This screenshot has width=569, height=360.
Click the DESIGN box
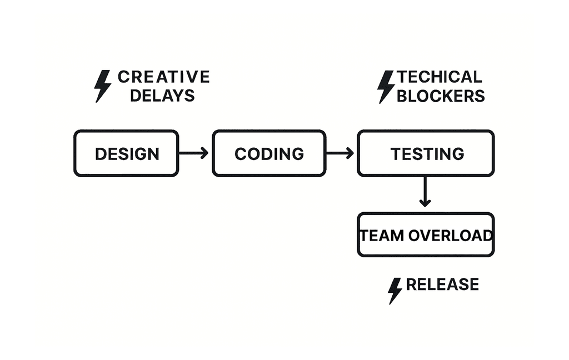[126, 153]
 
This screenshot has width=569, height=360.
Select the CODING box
[269, 153]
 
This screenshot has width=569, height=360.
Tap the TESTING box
[426, 153]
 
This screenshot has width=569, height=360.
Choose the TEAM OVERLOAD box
[426, 235]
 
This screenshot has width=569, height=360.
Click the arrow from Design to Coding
[193, 153]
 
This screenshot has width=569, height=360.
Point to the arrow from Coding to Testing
[340, 153]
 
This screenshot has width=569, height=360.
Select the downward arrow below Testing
[425, 192]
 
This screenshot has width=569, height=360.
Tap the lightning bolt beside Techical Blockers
[386, 86]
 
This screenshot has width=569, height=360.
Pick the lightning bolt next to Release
[395, 291]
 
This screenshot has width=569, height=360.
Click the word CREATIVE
[164, 77]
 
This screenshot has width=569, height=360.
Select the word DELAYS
[162, 95]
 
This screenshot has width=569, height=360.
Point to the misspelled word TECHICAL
[440, 77]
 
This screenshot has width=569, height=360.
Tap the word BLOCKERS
[441, 95]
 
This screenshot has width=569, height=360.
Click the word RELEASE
[442, 284]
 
